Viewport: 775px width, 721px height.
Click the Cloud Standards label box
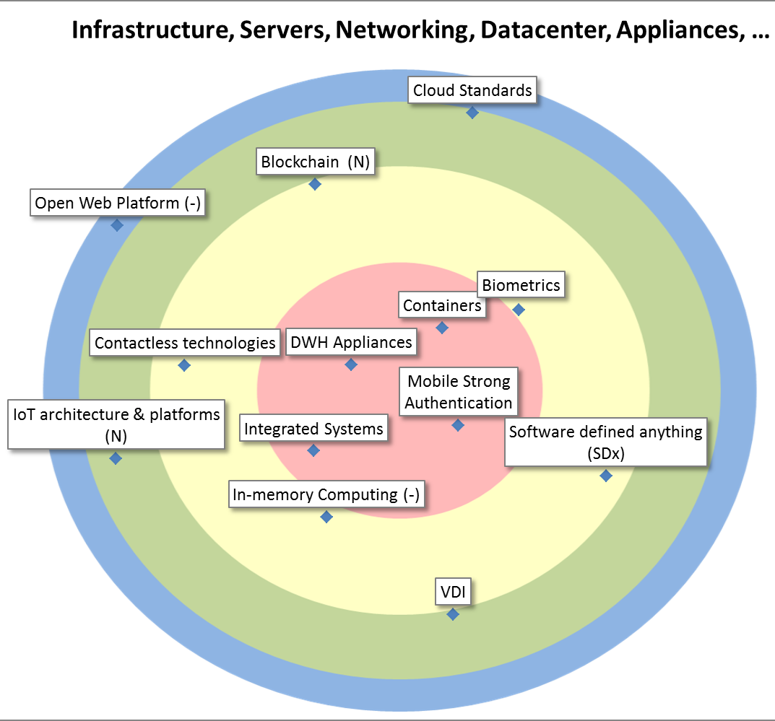click(472, 91)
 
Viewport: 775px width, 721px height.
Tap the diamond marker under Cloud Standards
click(472, 113)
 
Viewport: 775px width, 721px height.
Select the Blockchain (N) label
click(315, 162)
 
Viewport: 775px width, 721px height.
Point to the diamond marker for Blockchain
click(315, 184)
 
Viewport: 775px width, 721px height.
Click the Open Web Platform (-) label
click(118, 203)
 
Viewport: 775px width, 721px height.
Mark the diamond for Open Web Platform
click(117, 225)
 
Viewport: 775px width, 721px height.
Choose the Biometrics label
click(521, 285)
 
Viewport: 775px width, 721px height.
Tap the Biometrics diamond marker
click(519, 310)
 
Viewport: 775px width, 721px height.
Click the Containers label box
click(442, 305)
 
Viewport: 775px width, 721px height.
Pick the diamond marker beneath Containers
click(442, 328)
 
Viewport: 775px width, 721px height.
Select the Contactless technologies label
click(185, 343)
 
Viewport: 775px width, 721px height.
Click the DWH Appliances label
click(351, 342)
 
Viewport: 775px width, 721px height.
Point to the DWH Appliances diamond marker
click(351, 364)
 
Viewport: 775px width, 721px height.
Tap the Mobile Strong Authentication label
click(459, 392)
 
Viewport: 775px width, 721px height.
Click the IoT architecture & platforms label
click(116, 425)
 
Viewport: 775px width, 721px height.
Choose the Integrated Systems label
click(313, 429)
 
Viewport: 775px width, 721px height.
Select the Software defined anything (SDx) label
click(605, 442)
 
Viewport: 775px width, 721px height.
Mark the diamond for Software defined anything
click(606, 476)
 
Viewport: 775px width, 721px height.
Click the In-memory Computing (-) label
click(326, 495)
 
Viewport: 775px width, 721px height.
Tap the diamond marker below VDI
click(453, 614)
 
